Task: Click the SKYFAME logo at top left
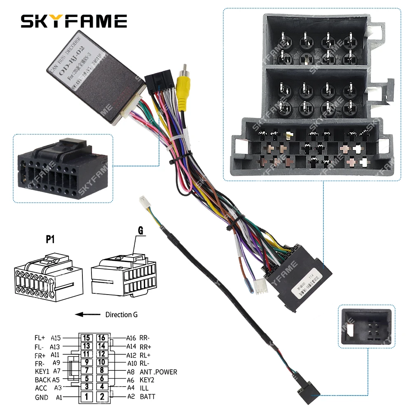(x=74, y=21)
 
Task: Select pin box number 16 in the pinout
(x=102, y=338)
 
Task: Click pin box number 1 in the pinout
(x=86, y=397)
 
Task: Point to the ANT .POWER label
(x=159, y=372)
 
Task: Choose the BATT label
(x=148, y=397)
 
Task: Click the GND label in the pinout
(x=41, y=398)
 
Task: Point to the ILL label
(x=145, y=388)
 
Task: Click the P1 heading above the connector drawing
(x=50, y=240)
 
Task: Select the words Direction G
(x=122, y=315)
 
